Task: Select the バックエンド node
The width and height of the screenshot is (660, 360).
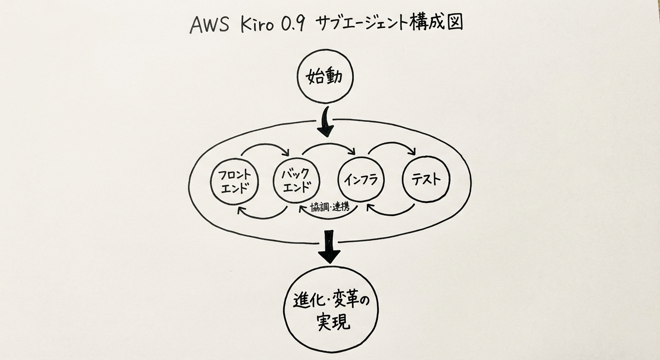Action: coord(297,180)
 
